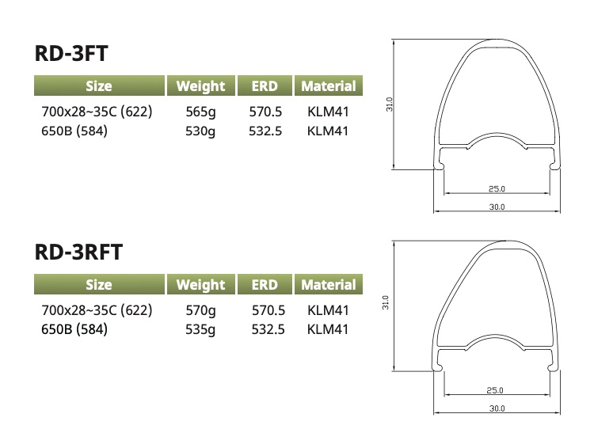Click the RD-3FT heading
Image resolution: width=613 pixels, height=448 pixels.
[x=71, y=53]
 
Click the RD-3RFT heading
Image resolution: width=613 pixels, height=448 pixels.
[x=78, y=252]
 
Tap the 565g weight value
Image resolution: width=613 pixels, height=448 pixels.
[x=200, y=112]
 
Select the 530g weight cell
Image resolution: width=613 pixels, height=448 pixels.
[x=200, y=131]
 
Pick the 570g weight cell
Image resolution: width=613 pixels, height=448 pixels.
[x=200, y=310]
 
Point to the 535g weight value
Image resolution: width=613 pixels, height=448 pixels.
[x=200, y=329]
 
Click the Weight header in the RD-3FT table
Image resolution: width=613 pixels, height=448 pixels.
[x=201, y=86]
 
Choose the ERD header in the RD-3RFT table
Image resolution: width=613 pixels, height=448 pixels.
[x=265, y=285]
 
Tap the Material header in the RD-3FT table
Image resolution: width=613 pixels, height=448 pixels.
[x=329, y=86]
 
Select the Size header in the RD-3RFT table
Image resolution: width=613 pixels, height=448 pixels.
[x=99, y=285]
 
